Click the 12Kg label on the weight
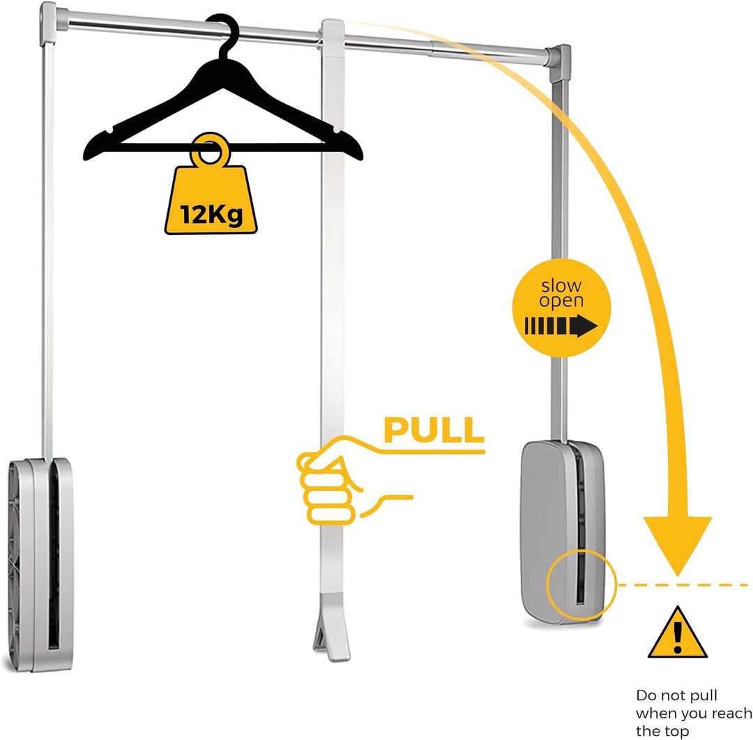click(211, 214)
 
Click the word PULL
click(434, 430)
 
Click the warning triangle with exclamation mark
click(678, 633)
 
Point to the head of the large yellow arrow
click(678, 545)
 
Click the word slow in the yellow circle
click(561, 285)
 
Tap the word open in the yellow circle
click(561, 302)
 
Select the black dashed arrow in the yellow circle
click(561, 326)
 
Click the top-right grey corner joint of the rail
click(558, 63)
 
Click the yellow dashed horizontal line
click(683, 584)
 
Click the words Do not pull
click(676, 696)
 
